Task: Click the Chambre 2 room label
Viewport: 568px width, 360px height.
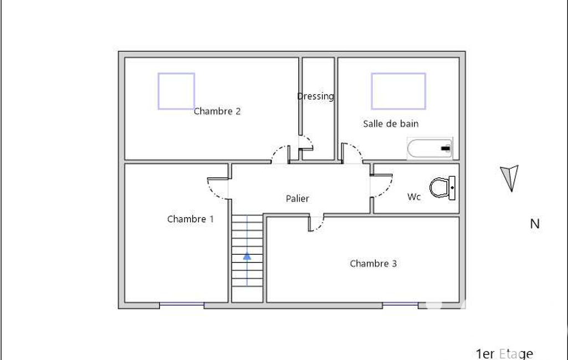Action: pyautogui.click(x=217, y=111)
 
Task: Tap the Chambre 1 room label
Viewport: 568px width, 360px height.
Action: pyautogui.click(x=190, y=219)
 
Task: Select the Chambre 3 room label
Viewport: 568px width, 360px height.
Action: pyautogui.click(x=373, y=263)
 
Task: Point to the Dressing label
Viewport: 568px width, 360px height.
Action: pyautogui.click(x=315, y=96)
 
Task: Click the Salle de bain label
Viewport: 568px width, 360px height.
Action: pyautogui.click(x=391, y=124)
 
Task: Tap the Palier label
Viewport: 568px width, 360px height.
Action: pyautogui.click(x=298, y=198)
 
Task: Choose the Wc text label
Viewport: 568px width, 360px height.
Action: pyautogui.click(x=414, y=197)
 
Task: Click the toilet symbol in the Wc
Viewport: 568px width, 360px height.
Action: pyautogui.click(x=442, y=188)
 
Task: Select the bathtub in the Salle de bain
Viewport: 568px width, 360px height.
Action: pyautogui.click(x=429, y=148)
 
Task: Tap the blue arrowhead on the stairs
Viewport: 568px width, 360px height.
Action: pyautogui.click(x=247, y=256)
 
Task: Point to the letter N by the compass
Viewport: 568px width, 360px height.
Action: pyautogui.click(x=535, y=224)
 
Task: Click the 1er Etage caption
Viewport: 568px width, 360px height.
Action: pyautogui.click(x=504, y=353)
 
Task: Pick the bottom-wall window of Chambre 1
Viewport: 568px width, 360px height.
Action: pyautogui.click(x=182, y=305)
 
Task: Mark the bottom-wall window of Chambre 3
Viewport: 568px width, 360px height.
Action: pyautogui.click(x=400, y=305)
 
